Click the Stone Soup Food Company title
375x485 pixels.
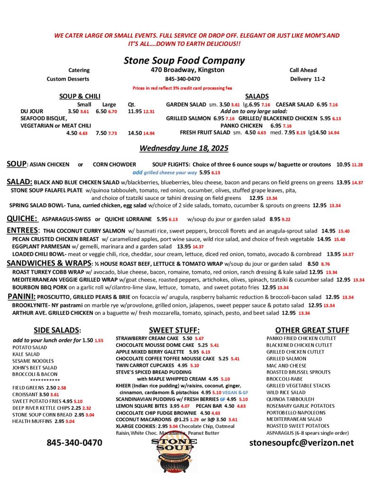(184, 61)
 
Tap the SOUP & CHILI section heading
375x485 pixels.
(80, 96)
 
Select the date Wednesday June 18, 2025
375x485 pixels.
(183, 148)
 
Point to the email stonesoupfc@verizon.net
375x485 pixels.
(302, 442)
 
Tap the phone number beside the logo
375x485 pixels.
(74, 443)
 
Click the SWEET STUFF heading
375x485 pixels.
(174, 330)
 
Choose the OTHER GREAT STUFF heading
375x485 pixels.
(312, 330)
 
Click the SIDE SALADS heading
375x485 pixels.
(57, 330)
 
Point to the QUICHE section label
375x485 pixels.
(22, 218)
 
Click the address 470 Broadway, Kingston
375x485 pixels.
(184, 70)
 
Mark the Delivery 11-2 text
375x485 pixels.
(307, 79)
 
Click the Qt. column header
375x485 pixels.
(132, 104)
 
